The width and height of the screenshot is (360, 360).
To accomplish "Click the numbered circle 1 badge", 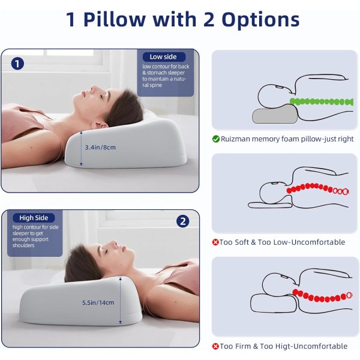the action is [17, 64].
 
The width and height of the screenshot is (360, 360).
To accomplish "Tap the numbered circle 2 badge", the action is [183, 221].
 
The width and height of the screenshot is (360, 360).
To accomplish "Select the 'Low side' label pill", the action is [164, 57].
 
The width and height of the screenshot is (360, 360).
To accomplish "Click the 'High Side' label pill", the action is [34, 218].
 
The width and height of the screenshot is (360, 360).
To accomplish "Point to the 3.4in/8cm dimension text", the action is [100, 148].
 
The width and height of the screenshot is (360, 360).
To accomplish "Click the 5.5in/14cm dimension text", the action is [98, 302].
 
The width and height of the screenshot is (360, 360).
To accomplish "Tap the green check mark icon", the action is [216, 139].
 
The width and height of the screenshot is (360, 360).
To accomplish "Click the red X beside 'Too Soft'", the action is [215, 242].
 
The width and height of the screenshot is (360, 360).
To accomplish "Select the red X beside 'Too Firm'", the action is [215, 346].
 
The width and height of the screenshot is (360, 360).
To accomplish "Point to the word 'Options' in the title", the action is [260, 20].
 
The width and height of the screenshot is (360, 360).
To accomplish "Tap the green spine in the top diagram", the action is [322, 101].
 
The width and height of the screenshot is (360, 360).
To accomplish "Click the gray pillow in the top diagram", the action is [275, 114].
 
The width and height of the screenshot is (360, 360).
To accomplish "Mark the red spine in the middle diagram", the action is [318, 188].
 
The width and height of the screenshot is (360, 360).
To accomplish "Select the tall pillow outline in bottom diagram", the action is [274, 303].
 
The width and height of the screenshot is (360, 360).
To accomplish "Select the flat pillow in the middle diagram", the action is [270, 205].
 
